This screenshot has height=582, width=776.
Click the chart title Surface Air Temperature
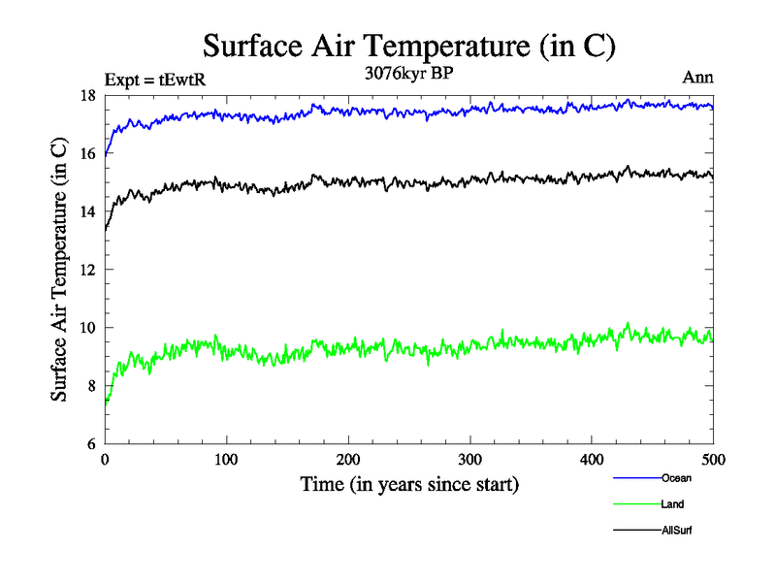tap(408, 46)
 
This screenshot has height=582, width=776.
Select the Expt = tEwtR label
tap(155, 81)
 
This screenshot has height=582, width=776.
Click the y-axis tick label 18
tap(87, 95)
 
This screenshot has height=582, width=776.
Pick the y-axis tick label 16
tap(87, 153)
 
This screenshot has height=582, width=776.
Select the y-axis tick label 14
tap(87, 211)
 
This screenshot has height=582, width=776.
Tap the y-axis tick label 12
tap(87, 270)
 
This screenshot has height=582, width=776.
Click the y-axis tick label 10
tap(87, 328)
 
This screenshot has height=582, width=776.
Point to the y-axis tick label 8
tap(91, 386)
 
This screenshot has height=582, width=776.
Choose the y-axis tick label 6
tap(91, 444)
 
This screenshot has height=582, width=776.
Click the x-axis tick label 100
tap(226, 460)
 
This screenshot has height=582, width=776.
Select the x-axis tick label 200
tap(348, 460)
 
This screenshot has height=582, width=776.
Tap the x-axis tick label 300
tap(470, 460)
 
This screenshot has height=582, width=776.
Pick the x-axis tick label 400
tap(592, 460)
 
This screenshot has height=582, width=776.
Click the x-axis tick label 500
tap(713, 460)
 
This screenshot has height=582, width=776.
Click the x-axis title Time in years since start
tap(408, 484)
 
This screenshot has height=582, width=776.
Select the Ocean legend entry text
tap(676, 478)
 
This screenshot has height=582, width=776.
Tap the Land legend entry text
tap(673, 504)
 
